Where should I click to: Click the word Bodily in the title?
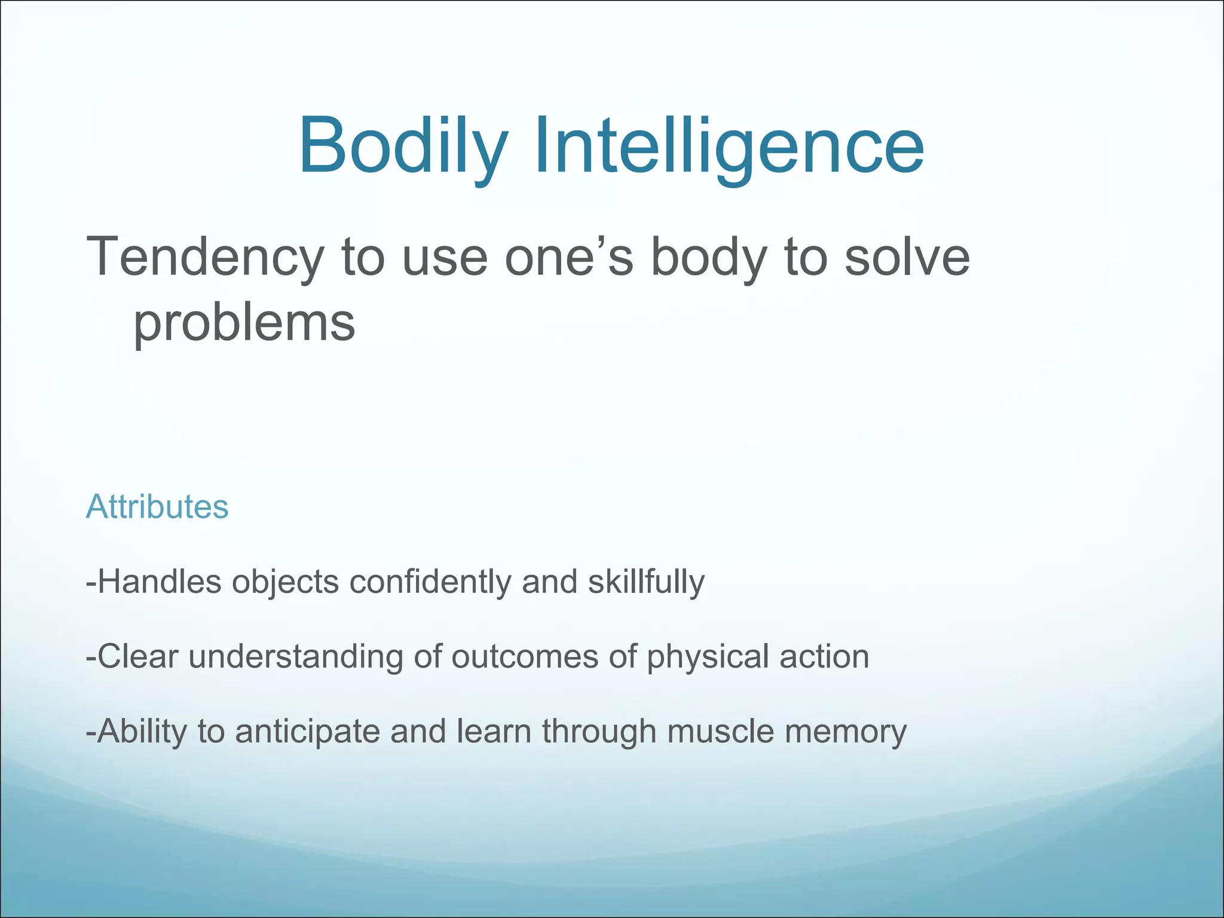pos(403,146)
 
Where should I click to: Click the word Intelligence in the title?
pos(729,146)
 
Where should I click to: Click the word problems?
pos(244,323)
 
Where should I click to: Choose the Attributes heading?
pos(157,507)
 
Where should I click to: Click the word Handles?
pos(159,582)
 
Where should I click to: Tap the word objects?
pos(286,582)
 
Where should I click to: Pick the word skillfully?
pos(646,582)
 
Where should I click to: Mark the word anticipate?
pos(307,731)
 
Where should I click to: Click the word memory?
pos(846,731)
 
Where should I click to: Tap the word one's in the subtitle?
pos(568,257)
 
